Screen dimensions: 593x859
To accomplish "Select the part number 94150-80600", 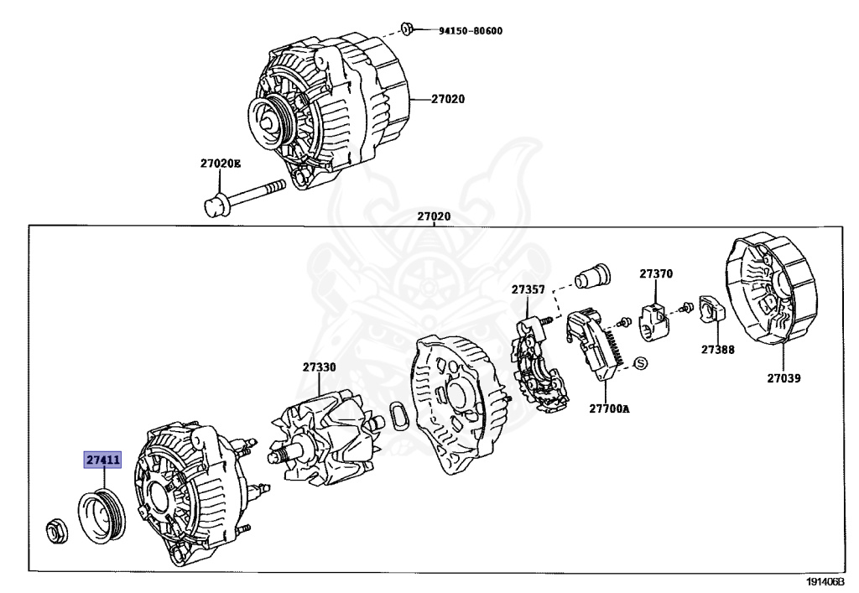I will click(470, 32).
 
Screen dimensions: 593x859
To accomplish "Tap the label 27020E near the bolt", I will click(220, 164).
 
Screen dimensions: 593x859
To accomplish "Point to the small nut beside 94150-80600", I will click(406, 29).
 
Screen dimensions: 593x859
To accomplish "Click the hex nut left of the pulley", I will click(56, 530).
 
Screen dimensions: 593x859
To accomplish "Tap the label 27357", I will click(528, 290).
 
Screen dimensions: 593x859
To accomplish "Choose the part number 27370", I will click(655, 274).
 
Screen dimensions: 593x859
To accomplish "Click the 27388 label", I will click(718, 349).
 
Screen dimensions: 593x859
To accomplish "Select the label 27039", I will click(783, 378).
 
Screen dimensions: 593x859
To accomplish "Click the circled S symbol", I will click(640, 363).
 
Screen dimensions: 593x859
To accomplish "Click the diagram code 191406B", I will click(825, 581).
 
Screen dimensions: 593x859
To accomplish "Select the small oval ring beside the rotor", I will click(398, 418).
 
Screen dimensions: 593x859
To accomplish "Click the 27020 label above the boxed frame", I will click(435, 216).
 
